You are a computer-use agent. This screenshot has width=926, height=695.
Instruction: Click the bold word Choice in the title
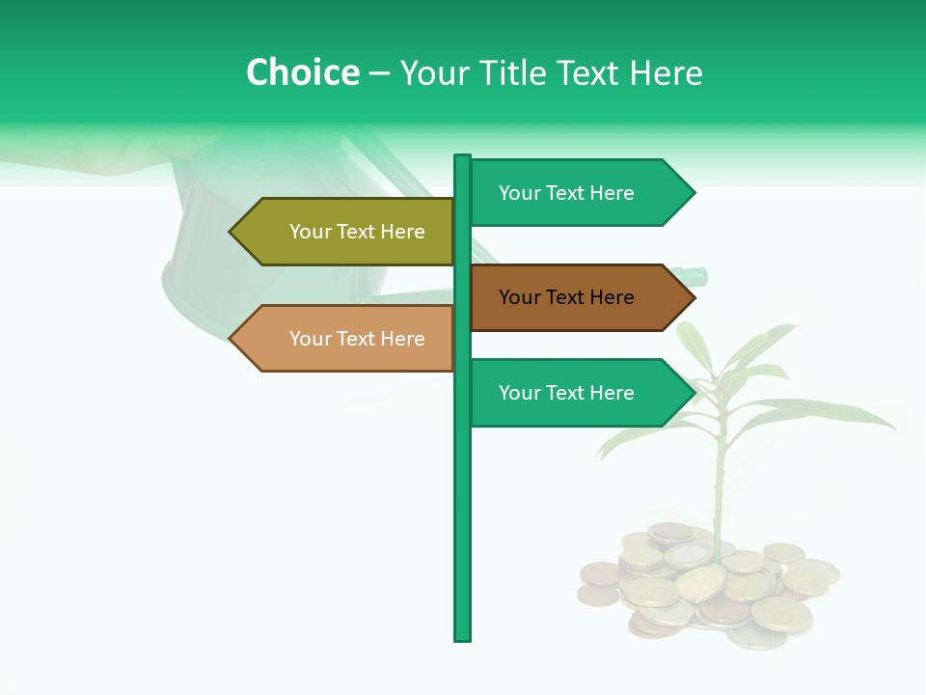coord(302,73)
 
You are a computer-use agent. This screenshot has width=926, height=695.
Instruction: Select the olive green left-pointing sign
coord(347,232)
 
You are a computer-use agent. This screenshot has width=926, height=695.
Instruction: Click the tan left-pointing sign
coord(347,339)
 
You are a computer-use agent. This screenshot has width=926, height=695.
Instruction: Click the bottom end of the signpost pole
coord(463,636)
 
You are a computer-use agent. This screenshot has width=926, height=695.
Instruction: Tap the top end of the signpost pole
coord(463,158)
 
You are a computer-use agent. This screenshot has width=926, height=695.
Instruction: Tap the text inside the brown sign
coord(566,297)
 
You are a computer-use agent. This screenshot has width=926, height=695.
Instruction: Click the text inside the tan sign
coord(357,339)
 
